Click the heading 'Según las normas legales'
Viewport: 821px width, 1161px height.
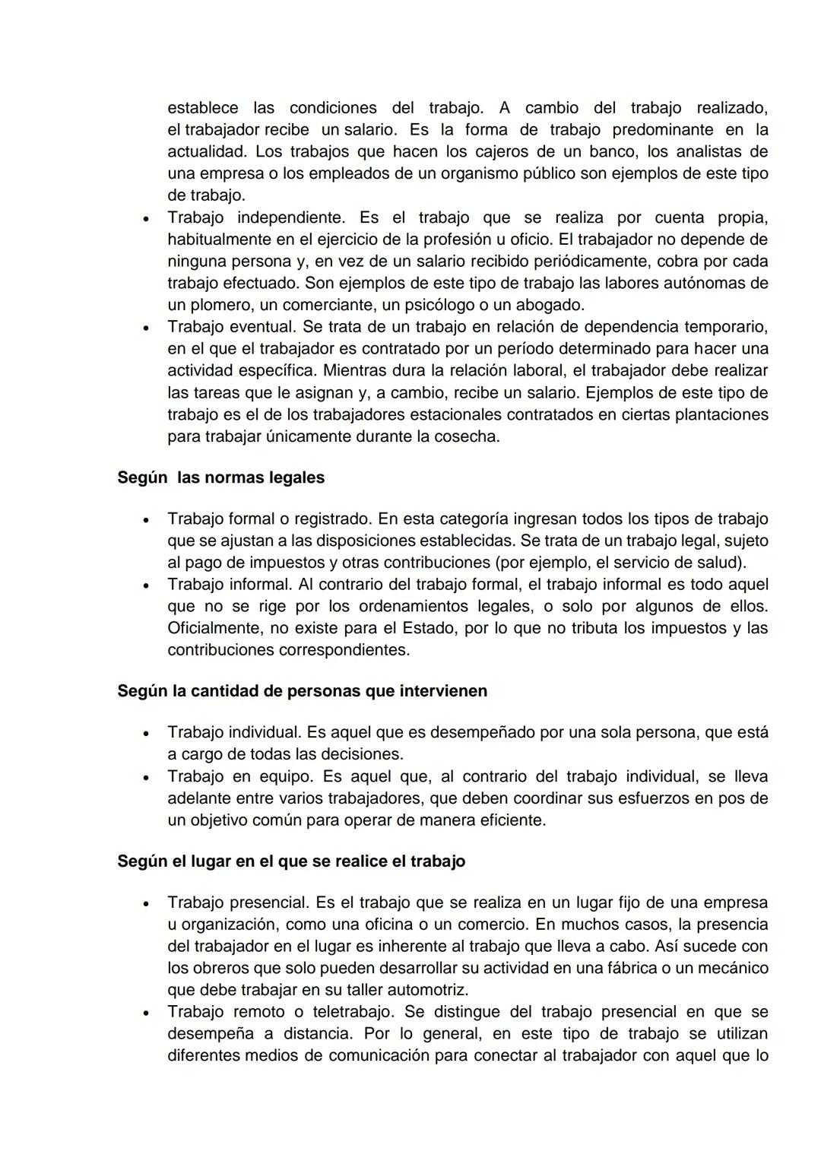point(220,478)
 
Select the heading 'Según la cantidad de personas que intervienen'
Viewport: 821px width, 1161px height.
point(302,691)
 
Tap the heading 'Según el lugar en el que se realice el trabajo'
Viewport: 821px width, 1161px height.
point(291,861)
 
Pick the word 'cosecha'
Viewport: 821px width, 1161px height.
point(471,437)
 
